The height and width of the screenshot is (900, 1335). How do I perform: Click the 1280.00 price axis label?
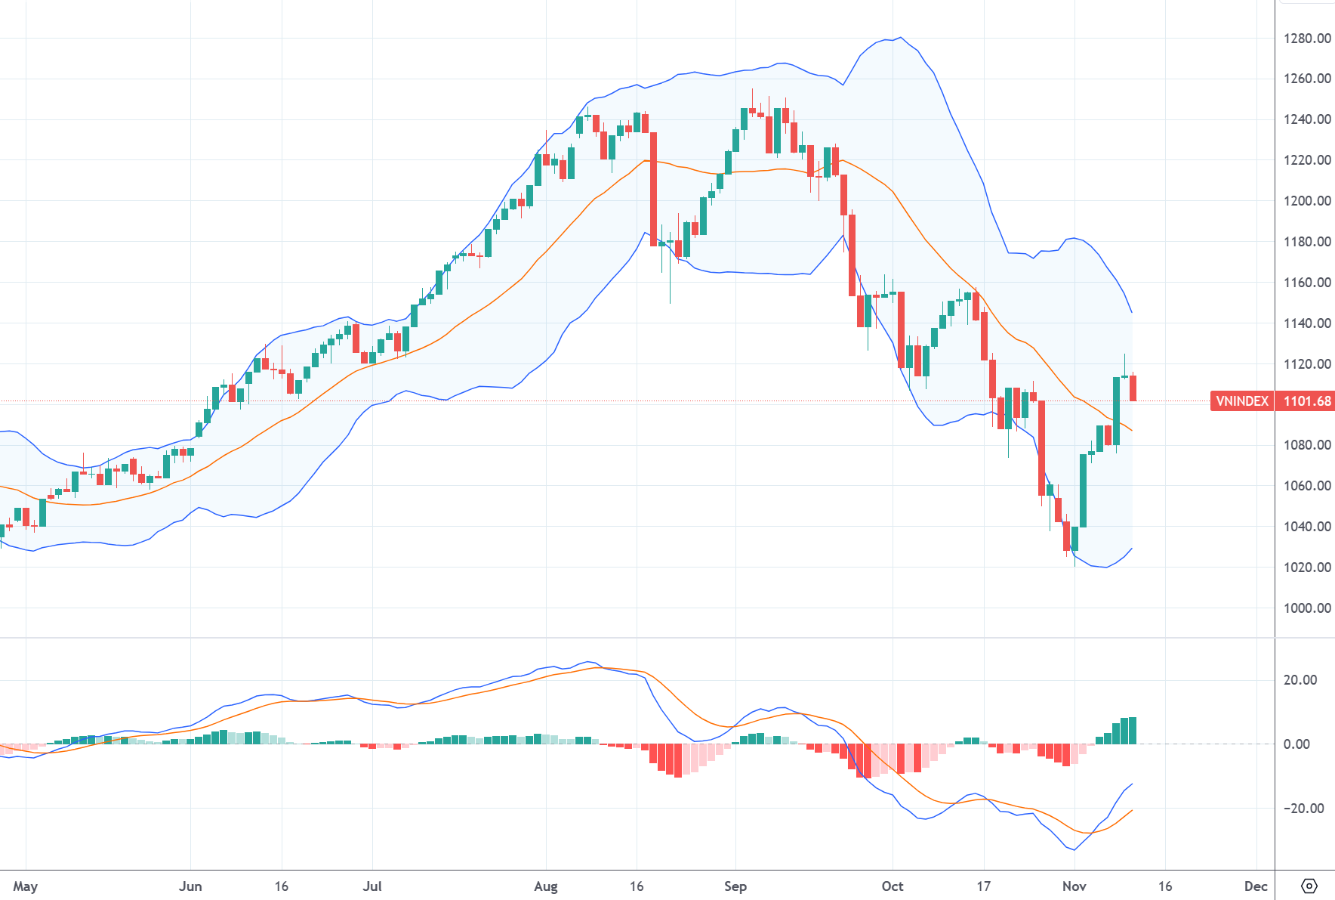coord(1306,38)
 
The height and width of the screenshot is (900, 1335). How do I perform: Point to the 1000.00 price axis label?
coord(1306,608)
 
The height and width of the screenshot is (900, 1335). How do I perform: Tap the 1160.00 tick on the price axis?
coord(1306,282)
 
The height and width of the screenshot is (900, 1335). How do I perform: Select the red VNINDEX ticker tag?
coord(1241,401)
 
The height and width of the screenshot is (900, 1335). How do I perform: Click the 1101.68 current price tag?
coord(1306,401)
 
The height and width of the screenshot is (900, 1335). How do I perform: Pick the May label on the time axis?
coord(26,886)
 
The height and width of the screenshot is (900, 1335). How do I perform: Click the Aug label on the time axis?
coord(545,886)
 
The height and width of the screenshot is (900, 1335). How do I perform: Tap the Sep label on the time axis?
coord(735,886)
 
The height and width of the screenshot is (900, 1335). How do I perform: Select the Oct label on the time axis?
coord(892,886)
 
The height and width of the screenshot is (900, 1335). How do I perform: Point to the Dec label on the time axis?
coord(1255,886)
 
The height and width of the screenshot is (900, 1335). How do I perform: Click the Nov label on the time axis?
coord(1074,886)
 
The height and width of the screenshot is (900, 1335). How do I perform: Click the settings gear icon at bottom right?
coord(1309,886)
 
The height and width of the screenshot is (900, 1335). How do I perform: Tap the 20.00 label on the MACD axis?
coord(1300,679)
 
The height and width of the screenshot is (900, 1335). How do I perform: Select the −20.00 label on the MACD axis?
coord(1303,808)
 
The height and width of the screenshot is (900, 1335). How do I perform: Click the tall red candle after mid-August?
coord(654,189)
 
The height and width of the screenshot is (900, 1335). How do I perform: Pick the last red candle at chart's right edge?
coord(1133,388)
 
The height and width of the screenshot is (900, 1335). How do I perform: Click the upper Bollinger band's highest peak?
coord(900,38)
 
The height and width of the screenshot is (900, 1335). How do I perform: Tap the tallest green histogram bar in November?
coord(1133,731)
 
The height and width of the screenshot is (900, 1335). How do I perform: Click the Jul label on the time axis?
coord(372,886)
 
